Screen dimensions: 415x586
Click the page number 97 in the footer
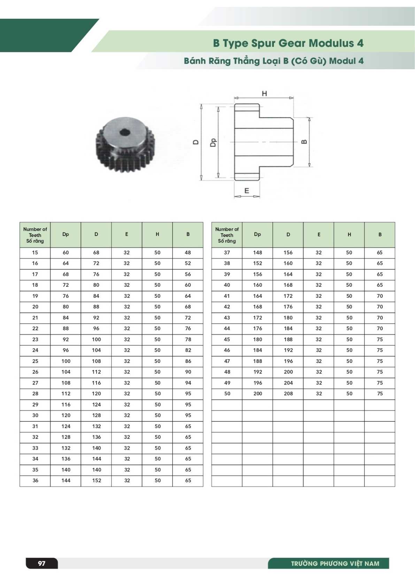click(42, 563)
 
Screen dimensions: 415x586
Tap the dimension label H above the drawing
click(264, 93)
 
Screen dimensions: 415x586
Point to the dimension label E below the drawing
click(247, 191)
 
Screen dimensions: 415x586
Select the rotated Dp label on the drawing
click(214, 142)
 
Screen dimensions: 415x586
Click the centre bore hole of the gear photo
click(125, 132)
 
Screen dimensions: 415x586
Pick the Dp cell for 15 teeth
click(66, 252)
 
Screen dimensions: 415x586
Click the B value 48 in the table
click(188, 252)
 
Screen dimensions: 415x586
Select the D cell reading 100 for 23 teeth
click(96, 339)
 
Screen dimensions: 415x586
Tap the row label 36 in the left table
click(35, 480)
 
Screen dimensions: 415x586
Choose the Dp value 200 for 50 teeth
click(258, 394)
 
